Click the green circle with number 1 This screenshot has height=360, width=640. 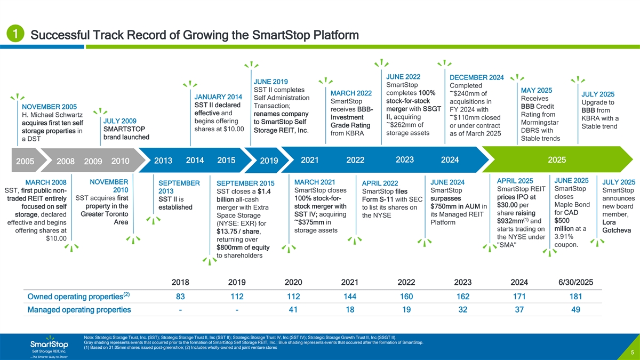[x=15, y=34]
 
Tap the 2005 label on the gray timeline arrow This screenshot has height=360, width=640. [x=25, y=161]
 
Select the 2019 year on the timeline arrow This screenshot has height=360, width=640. [x=269, y=161]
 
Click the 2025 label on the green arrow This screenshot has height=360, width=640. [x=557, y=159]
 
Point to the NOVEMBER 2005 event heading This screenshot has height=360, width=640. [x=49, y=107]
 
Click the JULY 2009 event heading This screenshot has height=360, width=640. [x=119, y=121]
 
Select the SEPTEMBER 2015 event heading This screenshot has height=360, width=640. [x=245, y=183]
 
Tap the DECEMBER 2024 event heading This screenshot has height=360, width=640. [x=477, y=77]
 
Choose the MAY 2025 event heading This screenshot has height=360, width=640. [x=537, y=90]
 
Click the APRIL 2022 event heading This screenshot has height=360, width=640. [x=380, y=183]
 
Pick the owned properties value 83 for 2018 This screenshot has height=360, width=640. [x=180, y=297]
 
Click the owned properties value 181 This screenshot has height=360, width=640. [x=575, y=297]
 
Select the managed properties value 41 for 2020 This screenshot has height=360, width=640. [x=293, y=310]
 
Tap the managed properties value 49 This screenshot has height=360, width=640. [x=575, y=310]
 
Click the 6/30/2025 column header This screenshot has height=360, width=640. [x=575, y=282]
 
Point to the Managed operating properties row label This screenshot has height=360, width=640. [x=79, y=310]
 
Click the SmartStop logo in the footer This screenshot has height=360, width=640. [x=49, y=347]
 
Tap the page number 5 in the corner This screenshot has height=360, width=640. [x=633, y=353]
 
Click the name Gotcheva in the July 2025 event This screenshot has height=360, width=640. [x=617, y=230]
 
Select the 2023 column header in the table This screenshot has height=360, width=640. [x=462, y=282]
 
